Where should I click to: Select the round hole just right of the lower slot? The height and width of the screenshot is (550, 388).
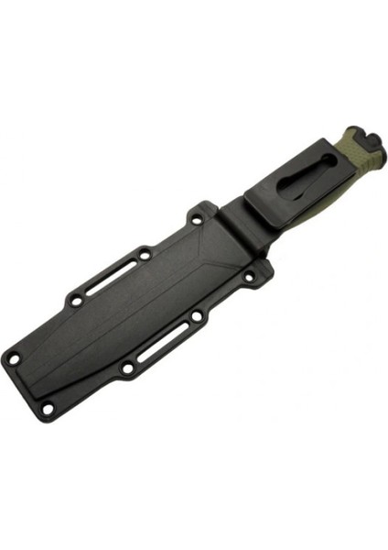(x=198, y=317)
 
